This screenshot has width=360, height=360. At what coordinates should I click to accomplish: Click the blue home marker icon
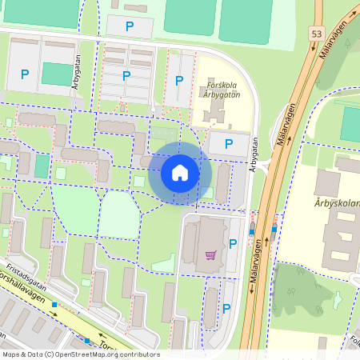coord(180,171)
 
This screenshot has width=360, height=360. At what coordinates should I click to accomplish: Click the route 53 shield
coord(317,33)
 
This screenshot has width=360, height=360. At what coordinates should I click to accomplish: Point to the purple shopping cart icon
coord(210,255)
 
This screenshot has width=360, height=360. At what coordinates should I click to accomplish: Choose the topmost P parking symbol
coord(130,26)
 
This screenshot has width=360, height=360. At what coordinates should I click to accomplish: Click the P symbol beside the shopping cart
coord(233,244)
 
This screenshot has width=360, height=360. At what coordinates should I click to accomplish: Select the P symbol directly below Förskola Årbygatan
coord(229,144)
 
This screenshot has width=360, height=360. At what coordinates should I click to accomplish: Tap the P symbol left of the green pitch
coord(25,74)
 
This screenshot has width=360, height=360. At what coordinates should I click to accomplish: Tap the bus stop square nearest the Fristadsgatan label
coord(54,305)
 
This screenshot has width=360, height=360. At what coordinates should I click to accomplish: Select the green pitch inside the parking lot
coord(56,74)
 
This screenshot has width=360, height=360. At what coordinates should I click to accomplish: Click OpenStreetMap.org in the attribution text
coord(92,354)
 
